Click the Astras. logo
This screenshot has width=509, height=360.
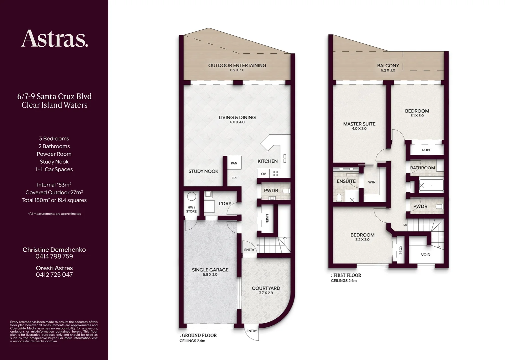(55, 38)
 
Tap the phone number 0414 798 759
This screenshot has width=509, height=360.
(54, 256)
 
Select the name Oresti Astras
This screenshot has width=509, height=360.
(54, 268)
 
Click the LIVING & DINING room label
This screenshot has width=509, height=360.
(237, 117)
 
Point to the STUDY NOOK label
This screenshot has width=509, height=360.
(203, 171)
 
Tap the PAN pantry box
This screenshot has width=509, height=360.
(234, 163)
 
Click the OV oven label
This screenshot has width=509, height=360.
(263, 174)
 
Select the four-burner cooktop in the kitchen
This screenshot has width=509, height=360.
(275, 174)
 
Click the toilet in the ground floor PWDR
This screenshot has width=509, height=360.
(286, 191)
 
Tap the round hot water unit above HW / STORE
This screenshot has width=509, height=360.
(191, 196)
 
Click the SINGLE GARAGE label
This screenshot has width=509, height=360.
(210, 270)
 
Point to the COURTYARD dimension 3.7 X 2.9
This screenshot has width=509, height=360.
(266, 293)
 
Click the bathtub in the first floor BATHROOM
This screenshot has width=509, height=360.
(431, 185)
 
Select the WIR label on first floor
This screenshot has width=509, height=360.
(371, 182)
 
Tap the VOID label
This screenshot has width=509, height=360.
(425, 255)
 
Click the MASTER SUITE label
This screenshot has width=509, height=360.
(359, 124)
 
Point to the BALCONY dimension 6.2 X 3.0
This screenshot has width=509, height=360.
(388, 70)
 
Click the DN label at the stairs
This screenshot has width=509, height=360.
(405, 225)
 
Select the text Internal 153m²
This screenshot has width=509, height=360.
(54, 185)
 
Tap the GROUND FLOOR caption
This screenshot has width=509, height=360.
(198, 335)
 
